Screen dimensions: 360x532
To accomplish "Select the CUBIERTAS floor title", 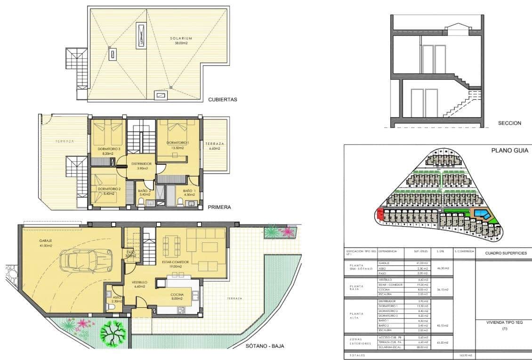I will [x=222, y=100].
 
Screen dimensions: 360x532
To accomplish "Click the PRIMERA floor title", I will [x=218, y=206].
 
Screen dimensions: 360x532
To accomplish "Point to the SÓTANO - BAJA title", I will [x=265, y=346].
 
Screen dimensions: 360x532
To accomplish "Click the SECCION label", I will [x=509, y=123].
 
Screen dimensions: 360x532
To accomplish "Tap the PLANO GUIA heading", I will [x=509, y=151].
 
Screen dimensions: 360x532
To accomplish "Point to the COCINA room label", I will [x=177, y=296].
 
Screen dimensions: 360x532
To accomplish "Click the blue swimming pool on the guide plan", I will [x=482, y=215].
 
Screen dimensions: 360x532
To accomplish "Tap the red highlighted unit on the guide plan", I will [x=379, y=216].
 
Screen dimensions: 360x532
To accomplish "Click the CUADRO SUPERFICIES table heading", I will [x=503, y=253].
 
